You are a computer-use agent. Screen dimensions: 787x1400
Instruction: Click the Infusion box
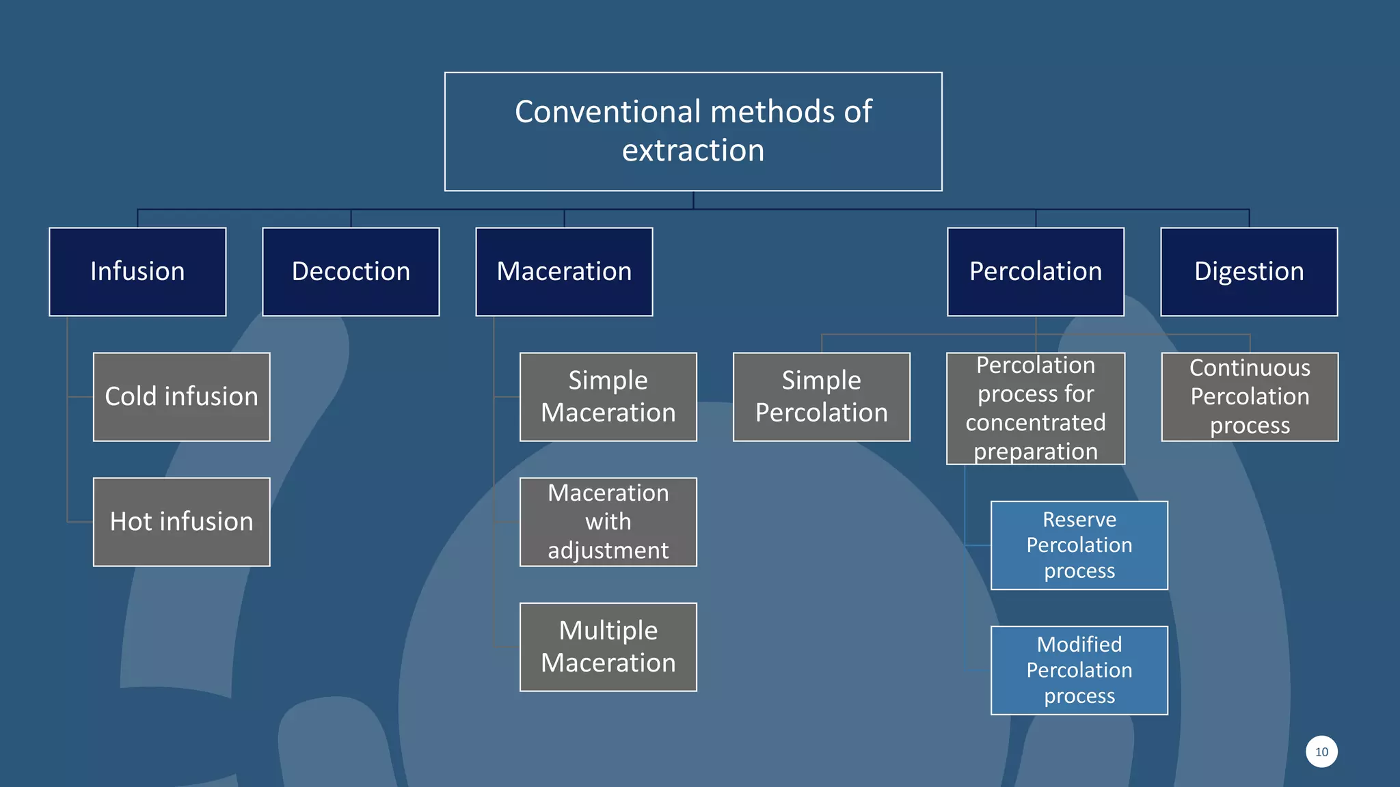point(137,272)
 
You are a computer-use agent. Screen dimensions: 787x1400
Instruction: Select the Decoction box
point(351,272)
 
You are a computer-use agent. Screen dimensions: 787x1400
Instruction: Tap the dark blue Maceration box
point(564,272)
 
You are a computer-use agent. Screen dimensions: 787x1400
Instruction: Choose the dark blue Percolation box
point(1035,272)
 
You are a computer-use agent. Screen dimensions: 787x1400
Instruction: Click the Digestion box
point(1248,272)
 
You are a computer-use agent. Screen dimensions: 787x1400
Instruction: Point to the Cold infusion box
point(181,397)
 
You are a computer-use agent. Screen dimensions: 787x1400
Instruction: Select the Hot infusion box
point(181,522)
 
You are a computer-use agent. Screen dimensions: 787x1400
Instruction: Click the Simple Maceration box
point(608,397)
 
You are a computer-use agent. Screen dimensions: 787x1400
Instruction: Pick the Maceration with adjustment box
point(608,522)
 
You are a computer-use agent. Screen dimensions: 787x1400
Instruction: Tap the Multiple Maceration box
point(608,647)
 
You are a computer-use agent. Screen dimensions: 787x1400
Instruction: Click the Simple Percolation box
point(821,397)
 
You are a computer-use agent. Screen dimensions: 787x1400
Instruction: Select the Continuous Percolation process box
point(1250,397)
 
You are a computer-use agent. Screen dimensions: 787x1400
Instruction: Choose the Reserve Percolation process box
point(1079,545)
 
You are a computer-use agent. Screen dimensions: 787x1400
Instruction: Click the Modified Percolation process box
point(1079,670)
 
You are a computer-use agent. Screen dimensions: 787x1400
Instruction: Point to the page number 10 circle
point(1321,751)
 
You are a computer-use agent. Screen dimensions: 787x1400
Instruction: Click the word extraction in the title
point(692,150)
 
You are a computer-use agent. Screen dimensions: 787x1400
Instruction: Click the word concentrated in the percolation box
point(1035,423)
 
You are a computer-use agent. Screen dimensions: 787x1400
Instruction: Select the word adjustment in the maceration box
point(608,551)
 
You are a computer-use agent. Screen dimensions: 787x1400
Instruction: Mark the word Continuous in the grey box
point(1250,368)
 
